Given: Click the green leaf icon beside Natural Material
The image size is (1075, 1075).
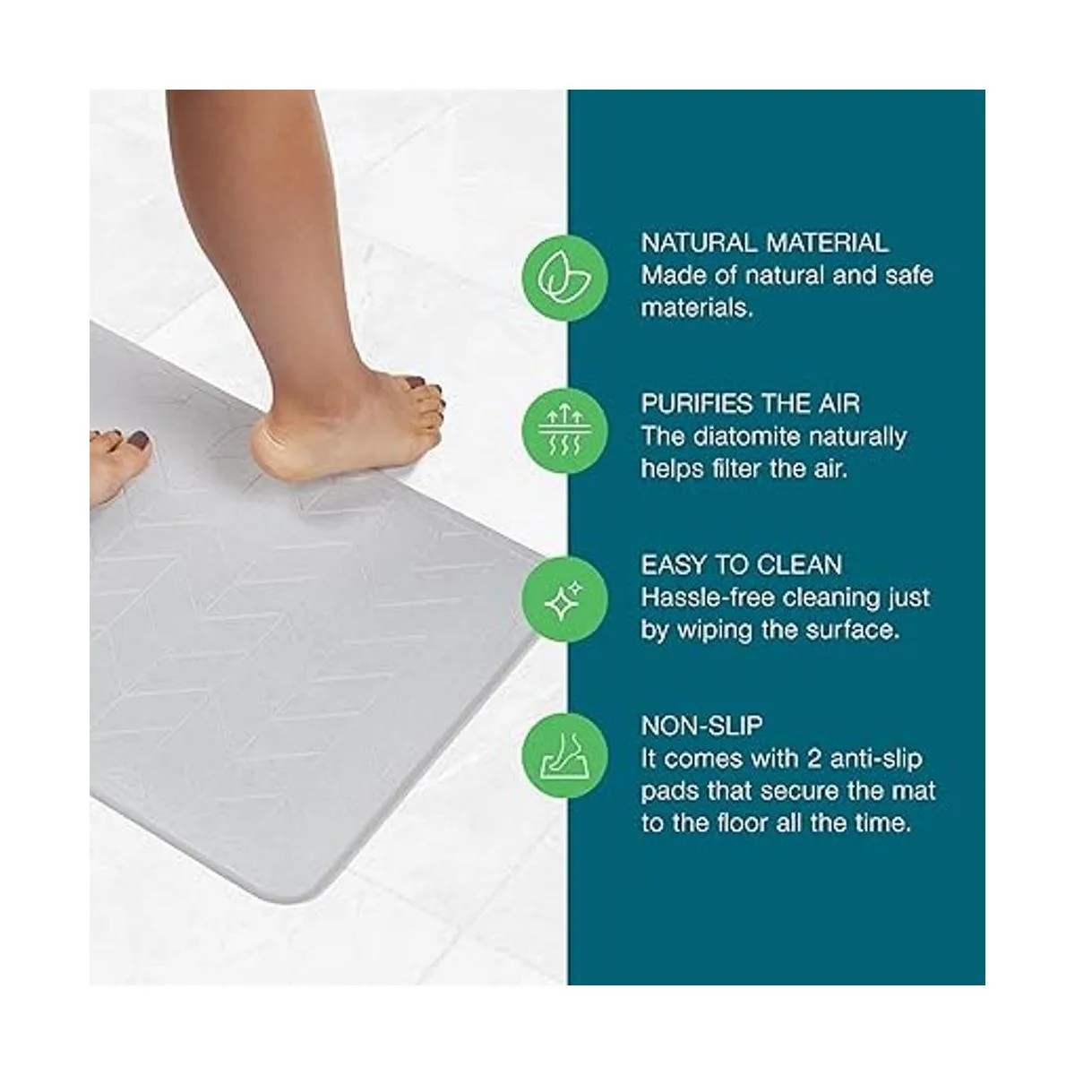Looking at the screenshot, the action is [564, 277].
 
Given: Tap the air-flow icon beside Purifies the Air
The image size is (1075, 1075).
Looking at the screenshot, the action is [564, 433].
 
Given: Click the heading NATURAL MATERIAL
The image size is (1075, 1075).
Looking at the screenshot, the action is [764, 243].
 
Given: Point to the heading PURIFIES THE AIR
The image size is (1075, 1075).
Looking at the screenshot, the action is [751, 404].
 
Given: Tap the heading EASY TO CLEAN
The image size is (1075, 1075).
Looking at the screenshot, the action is [742, 565].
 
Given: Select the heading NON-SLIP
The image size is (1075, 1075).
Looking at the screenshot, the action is [701, 726].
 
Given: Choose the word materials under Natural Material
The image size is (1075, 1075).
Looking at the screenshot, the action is [696, 308].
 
